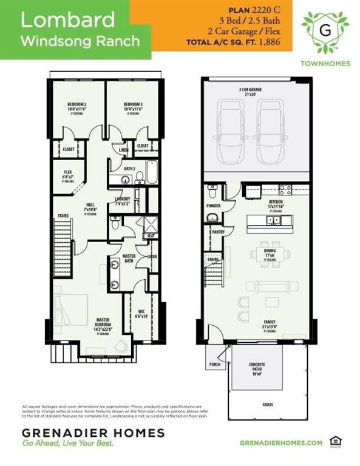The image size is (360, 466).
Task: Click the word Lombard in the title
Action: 67,20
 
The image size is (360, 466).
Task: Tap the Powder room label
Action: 213,206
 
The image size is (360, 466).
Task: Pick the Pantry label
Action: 218,232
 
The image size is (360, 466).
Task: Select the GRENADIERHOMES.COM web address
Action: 281,444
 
